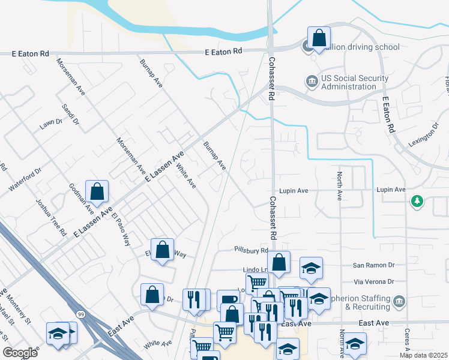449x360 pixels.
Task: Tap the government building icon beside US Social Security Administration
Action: click(x=312, y=81)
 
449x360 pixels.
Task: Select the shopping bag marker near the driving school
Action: click(x=319, y=38)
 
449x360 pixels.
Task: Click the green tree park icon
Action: click(x=417, y=201)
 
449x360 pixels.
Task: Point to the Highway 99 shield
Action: click(x=80, y=314)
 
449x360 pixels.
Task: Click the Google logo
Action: click(x=20, y=353)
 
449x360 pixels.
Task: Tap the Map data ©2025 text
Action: click(x=423, y=355)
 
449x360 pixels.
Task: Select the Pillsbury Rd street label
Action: click(x=251, y=250)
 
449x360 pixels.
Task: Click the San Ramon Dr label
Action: click(x=373, y=265)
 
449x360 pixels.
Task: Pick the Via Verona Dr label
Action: click(x=373, y=281)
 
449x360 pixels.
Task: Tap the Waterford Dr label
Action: click(x=25, y=180)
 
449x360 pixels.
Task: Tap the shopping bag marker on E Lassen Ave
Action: click(x=97, y=192)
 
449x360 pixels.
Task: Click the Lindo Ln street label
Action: click(x=254, y=270)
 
